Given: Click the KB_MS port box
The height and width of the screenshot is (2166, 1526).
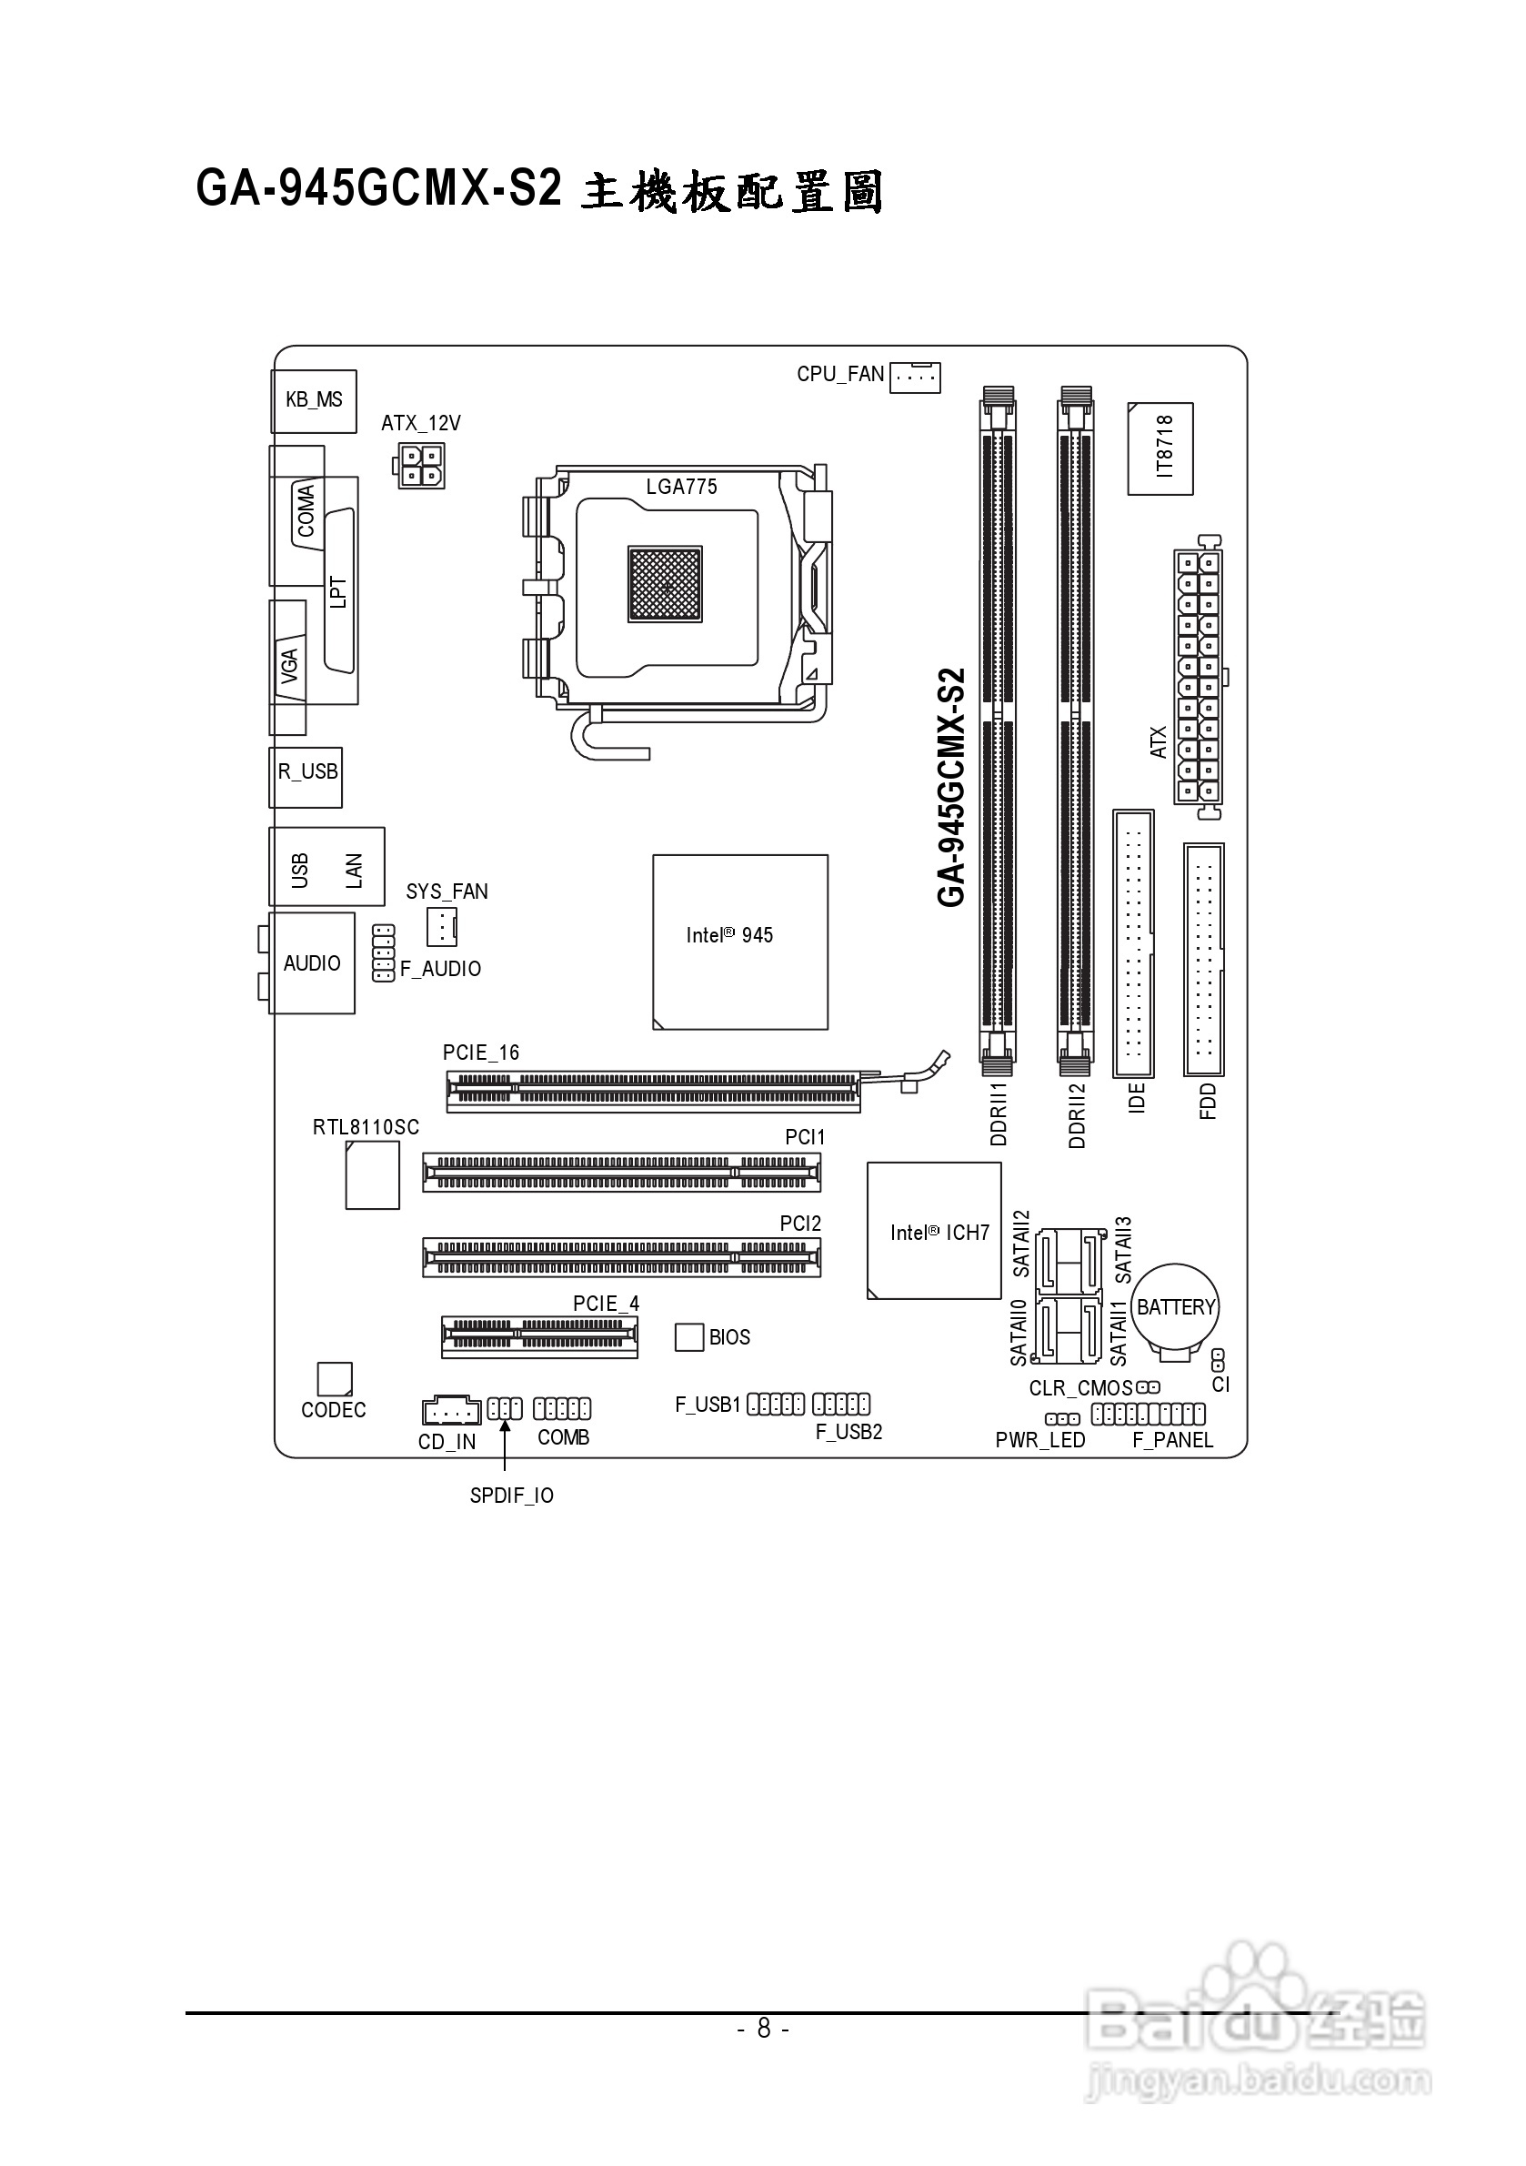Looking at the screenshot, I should pyautogui.click(x=314, y=401).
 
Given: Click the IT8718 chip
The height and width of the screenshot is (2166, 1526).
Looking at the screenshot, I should pyautogui.click(x=1160, y=449).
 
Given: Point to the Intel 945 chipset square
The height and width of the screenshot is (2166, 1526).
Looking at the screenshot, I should pyautogui.click(x=740, y=942).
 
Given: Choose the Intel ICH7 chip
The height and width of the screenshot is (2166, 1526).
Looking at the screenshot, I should pyautogui.click(x=934, y=1230).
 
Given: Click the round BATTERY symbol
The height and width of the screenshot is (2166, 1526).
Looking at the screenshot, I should pyautogui.click(x=1175, y=1307).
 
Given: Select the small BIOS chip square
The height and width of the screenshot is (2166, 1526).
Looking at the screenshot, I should pyautogui.click(x=689, y=1336).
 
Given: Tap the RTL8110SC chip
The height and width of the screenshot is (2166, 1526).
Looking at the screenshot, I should pyautogui.click(x=373, y=1174).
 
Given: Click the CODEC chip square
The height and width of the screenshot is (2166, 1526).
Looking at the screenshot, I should pyautogui.click(x=335, y=1378).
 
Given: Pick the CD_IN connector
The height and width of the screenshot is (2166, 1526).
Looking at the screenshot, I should pyautogui.click(x=451, y=1410).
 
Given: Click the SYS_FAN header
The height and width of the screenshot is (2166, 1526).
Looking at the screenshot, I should pyautogui.click(x=441, y=927).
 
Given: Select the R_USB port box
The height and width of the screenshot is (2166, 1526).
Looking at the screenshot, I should pyautogui.click(x=306, y=778).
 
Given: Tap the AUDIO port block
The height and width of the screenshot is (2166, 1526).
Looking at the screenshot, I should pyautogui.click(x=312, y=963).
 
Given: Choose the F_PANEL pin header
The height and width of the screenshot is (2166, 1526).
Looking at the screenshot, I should pyautogui.click(x=1148, y=1414).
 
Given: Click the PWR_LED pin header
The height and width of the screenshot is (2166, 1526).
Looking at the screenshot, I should pyautogui.click(x=1062, y=1419).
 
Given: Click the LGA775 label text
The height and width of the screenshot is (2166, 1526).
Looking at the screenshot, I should pyautogui.click(x=681, y=487).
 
